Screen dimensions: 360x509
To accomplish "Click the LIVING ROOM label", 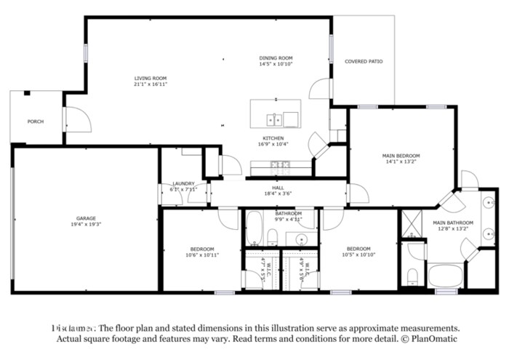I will (x=151, y=78).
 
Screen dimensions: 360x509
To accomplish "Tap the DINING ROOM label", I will (x=276, y=57).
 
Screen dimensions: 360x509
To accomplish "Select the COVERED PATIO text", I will (x=364, y=62).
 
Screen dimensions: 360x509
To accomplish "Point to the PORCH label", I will (x=35, y=121).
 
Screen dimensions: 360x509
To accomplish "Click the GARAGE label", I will (x=87, y=218).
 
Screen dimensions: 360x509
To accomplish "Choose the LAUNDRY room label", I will (x=183, y=183).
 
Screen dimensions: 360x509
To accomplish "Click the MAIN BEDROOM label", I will (x=401, y=156).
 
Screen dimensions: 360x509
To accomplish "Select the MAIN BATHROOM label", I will (x=453, y=223).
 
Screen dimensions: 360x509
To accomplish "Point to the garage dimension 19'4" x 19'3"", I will (x=87, y=225).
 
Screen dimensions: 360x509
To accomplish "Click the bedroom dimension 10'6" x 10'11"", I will (x=202, y=255).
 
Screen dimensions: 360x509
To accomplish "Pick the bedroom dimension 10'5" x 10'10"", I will (x=358, y=255).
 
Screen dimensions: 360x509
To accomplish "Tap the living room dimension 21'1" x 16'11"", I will (x=151, y=84).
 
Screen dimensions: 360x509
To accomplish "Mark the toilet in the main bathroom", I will (x=412, y=275).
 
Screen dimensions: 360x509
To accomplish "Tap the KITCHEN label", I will (x=273, y=138).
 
